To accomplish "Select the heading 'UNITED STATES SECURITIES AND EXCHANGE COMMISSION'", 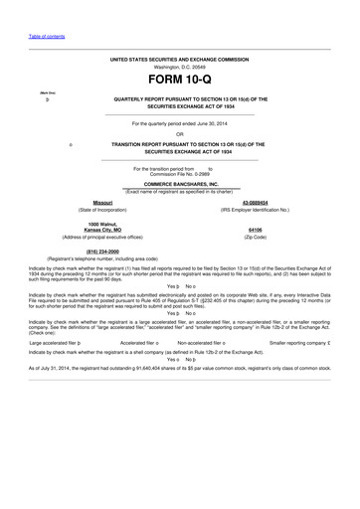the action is click(x=179, y=59).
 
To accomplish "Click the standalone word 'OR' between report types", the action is click(x=179, y=133).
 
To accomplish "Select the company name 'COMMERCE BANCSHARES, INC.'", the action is click(x=179, y=184).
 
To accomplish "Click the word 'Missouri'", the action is click(x=102, y=202).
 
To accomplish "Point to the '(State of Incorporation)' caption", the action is click(x=102, y=210).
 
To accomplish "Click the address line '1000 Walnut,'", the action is click(x=102, y=224).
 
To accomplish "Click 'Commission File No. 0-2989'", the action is click(x=179, y=174).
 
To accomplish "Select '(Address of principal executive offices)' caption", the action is click(x=102, y=238).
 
